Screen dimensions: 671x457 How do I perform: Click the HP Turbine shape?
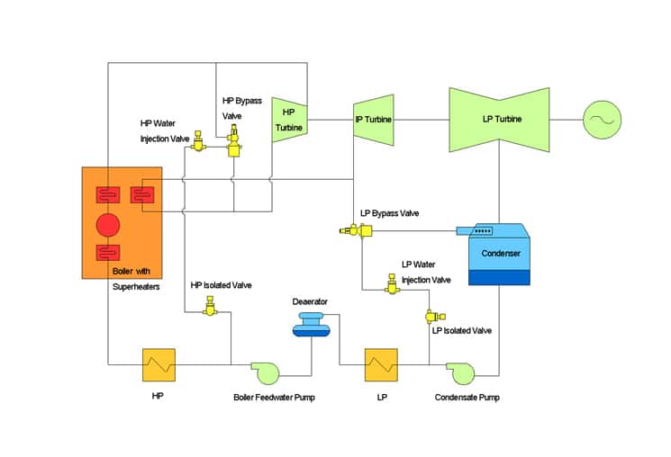(x=289, y=120)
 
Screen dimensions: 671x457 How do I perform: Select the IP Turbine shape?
(x=373, y=120)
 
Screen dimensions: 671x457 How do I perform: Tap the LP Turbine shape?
(x=499, y=120)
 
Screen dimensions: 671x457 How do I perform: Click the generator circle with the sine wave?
(x=603, y=120)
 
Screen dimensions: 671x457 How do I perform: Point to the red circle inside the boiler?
(x=108, y=225)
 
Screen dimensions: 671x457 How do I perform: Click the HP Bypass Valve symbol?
(x=233, y=140)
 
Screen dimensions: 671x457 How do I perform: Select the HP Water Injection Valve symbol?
(x=198, y=141)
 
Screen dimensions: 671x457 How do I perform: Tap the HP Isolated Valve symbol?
(x=210, y=307)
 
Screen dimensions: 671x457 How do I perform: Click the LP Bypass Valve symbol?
(x=356, y=230)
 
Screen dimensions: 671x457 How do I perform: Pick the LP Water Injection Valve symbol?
(x=392, y=284)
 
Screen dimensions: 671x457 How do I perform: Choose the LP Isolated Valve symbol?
(x=434, y=317)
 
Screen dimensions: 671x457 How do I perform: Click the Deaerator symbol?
(x=311, y=325)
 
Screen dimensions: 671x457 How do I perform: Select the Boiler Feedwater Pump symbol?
(x=266, y=372)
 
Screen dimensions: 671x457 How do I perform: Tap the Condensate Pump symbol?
(x=461, y=373)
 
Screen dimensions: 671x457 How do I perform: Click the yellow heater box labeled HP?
(x=159, y=364)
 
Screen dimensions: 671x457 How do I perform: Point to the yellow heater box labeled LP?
(x=381, y=364)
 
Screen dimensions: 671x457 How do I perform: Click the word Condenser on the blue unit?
(x=501, y=253)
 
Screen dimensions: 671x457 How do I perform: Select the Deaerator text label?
(x=310, y=301)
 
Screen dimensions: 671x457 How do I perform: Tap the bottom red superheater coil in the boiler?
(x=108, y=252)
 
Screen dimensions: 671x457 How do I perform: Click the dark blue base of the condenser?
(x=499, y=277)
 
